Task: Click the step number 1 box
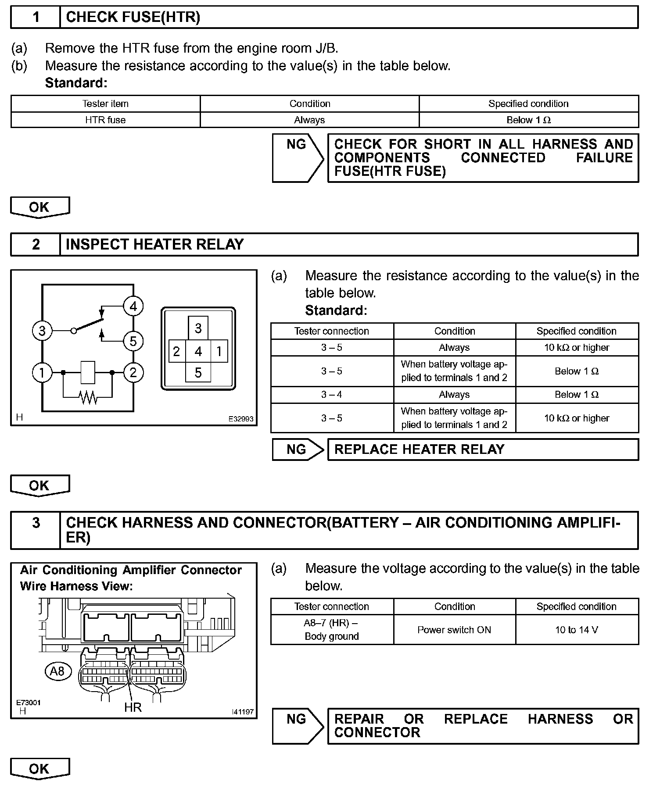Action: tap(36, 17)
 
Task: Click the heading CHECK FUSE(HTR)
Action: tap(133, 17)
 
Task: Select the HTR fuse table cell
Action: tap(105, 120)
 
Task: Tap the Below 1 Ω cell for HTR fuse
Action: tap(528, 120)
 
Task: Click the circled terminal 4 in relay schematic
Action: tap(133, 306)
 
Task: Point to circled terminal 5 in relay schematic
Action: tap(133, 341)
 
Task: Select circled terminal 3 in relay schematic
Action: tap(42, 330)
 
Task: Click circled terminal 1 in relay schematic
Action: tap(42, 373)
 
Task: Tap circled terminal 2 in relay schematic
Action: tap(133, 373)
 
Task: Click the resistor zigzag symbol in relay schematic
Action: tap(88, 397)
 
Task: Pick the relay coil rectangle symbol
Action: tap(88, 372)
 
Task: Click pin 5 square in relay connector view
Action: tap(198, 373)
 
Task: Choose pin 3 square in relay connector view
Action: tap(198, 328)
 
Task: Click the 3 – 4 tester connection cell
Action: tap(332, 394)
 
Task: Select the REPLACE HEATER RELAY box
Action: tap(483, 450)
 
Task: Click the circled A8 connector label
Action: tap(57, 671)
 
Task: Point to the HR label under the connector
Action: tap(133, 707)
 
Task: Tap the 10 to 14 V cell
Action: tap(577, 630)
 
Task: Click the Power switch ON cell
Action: tap(454, 630)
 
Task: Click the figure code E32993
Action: tap(240, 419)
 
